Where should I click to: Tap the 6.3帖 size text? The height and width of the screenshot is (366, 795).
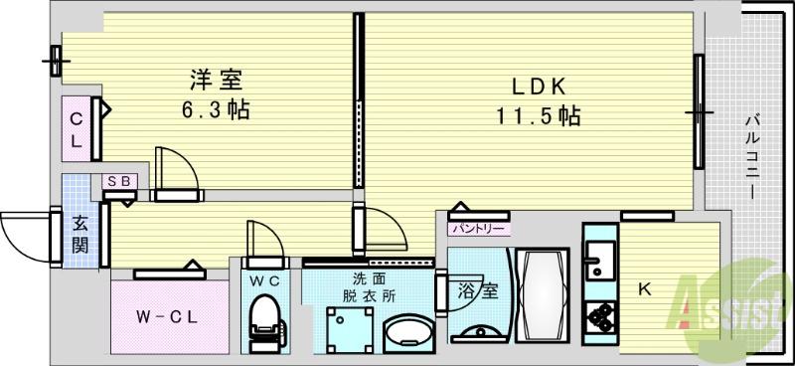pyautogui.click(x=216, y=109)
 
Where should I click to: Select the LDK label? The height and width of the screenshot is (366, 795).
pyautogui.click(x=538, y=88)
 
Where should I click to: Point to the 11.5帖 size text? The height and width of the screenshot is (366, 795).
pyautogui.click(x=538, y=116)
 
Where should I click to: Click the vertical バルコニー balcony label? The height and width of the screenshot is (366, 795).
pyautogui.click(x=752, y=157)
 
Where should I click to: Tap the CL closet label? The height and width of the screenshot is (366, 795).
pyautogui.click(x=77, y=130)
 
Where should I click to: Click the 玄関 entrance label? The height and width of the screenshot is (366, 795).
pyautogui.click(x=79, y=235)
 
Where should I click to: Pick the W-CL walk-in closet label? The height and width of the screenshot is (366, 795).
pyautogui.click(x=166, y=318)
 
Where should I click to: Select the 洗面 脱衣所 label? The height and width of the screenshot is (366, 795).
pyautogui.click(x=369, y=287)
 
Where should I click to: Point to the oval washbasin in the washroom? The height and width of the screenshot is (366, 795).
pyautogui.click(x=409, y=335)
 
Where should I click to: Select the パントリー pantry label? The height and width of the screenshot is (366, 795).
pyautogui.click(x=478, y=230)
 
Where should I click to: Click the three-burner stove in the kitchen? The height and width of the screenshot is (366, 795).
pyautogui.click(x=600, y=316)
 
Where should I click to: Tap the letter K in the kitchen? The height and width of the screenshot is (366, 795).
pyautogui.click(x=644, y=289)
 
